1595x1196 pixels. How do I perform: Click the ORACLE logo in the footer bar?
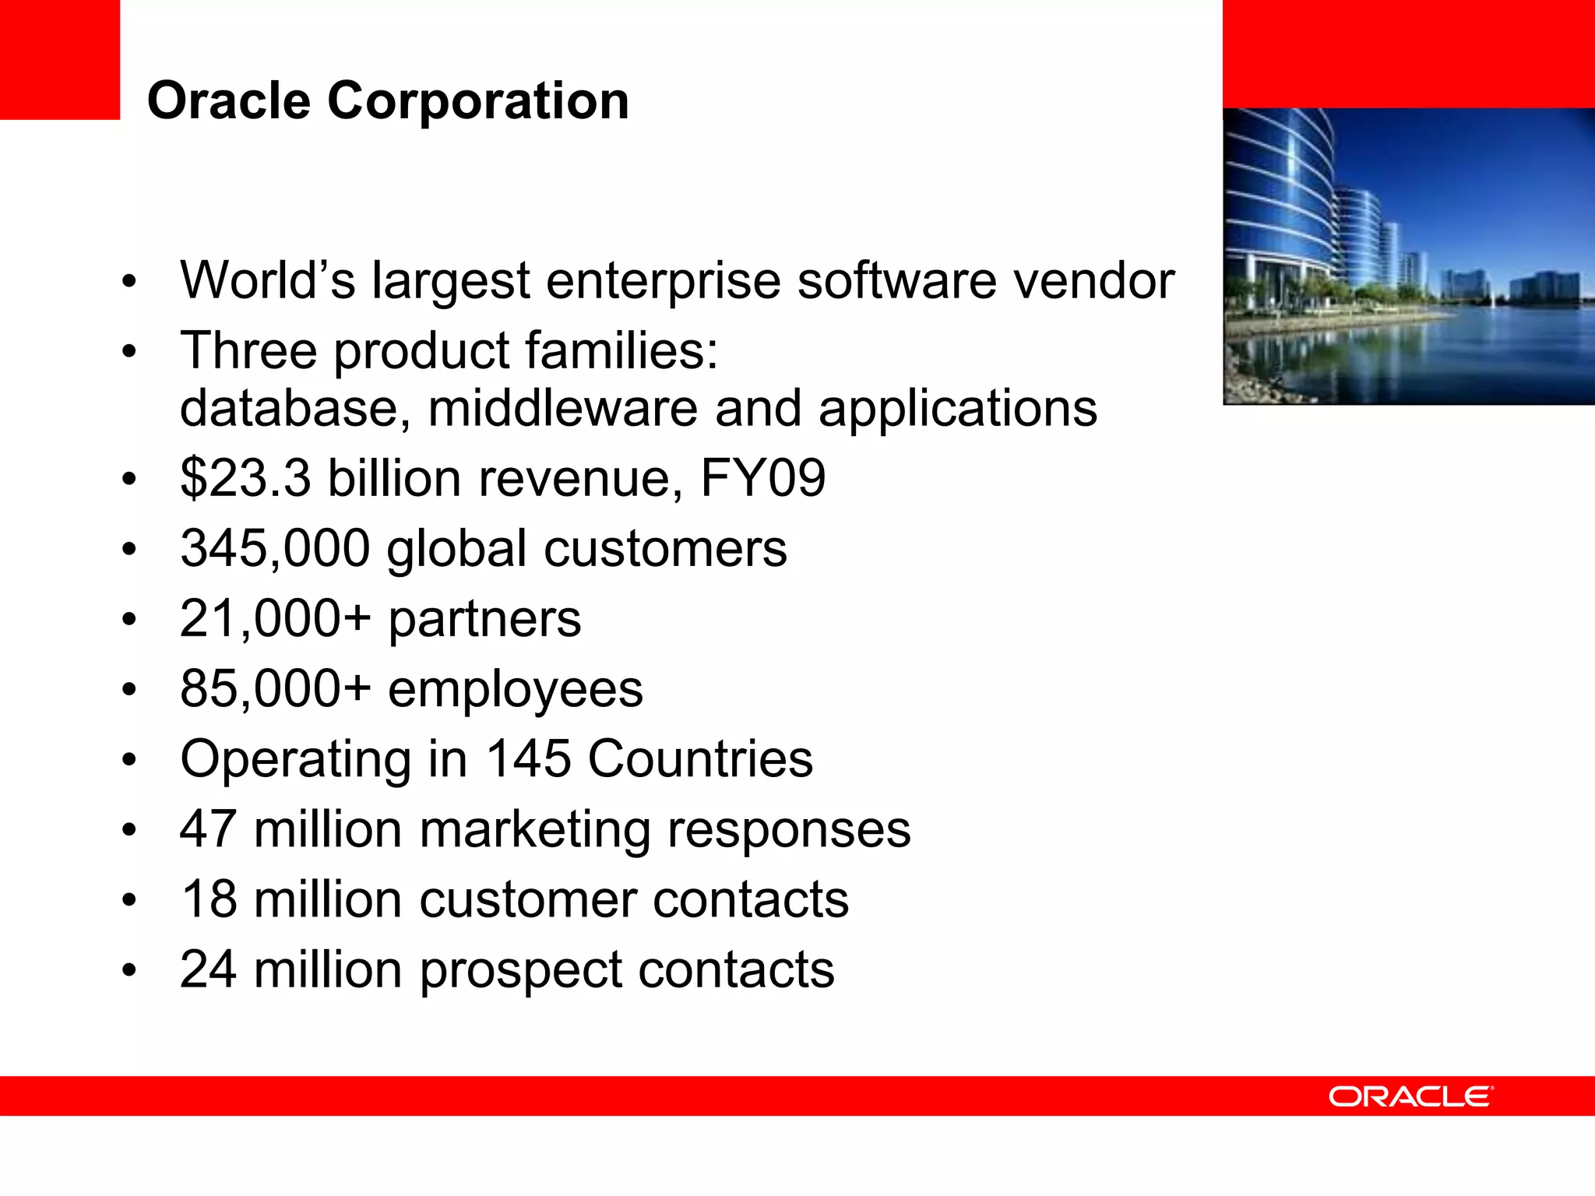tap(1410, 1096)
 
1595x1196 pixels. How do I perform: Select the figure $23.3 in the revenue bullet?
tap(245, 477)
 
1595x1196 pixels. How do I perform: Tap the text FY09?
tap(762, 477)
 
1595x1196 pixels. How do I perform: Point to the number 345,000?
tap(274, 548)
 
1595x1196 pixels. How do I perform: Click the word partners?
tap(484, 619)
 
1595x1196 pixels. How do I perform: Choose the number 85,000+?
tap(275, 689)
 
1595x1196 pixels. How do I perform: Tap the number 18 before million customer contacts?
tap(208, 899)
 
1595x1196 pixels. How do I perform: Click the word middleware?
tap(562, 408)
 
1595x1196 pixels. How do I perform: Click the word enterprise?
tap(663, 282)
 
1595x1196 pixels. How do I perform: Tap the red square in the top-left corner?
tap(59, 59)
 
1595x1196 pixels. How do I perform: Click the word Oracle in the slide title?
tap(228, 101)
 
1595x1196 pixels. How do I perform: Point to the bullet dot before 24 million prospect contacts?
tap(129, 970)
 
